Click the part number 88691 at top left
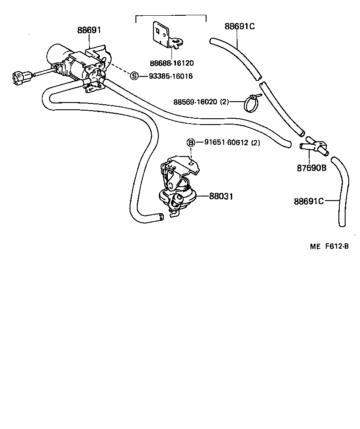89,31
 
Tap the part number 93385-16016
171,76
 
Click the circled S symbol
134,76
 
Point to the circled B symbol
191,143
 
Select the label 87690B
311,168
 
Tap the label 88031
220,196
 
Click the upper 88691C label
240,26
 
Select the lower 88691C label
309,201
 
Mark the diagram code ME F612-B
329,246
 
